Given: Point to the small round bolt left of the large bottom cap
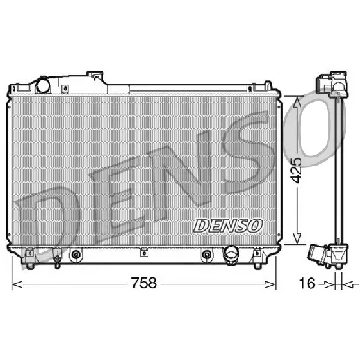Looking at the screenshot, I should click(208, 255).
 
